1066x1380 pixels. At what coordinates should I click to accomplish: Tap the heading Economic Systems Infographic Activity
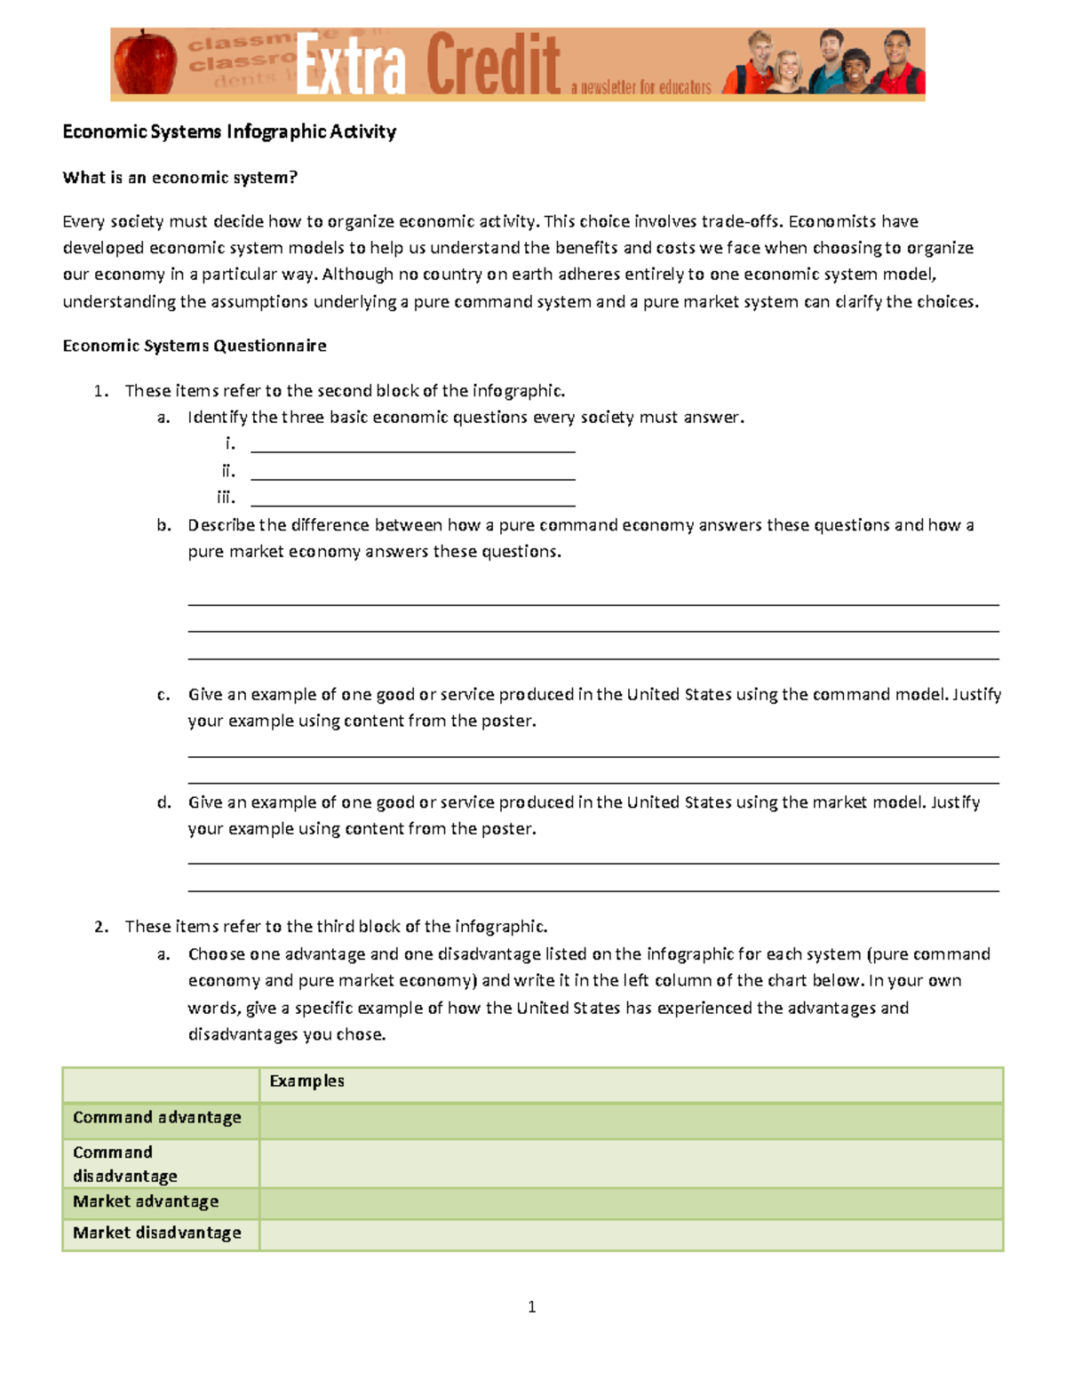pyautogui.click(x=229, y=132)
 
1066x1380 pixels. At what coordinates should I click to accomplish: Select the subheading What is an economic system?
pyautogui.click(x=179, y=177)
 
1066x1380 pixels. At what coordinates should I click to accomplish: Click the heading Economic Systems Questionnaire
pyautogui.click(x=195, y=346)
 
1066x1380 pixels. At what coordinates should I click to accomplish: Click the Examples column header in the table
pyautogui.click(x=306, y=1081)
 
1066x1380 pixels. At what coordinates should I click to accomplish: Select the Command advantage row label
pyautogui.click(x=157, y=1117)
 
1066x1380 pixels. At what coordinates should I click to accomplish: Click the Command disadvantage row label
pyautogui.click(x=125, y=1164)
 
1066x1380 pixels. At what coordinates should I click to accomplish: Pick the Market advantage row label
pyautogui.click(x=146, y=1201)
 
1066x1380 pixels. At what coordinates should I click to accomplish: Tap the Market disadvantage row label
pyautogui.click(x=157, y=1232)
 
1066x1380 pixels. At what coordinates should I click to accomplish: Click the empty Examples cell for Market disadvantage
pyautogui.click(x=631, y=1234)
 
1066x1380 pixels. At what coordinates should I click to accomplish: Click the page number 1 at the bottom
pyautogui.click(x=531, y=1306)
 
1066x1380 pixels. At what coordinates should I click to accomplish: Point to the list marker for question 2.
pyautogui.click(x=101, y=927)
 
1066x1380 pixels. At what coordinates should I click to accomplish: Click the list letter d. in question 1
pyautogui.click(x=163, y=802)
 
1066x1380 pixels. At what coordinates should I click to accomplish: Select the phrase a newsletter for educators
pyautogui.click(x=640, y=87)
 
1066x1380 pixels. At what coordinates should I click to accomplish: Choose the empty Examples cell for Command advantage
pyautogui.click(x=631, y=1121)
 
